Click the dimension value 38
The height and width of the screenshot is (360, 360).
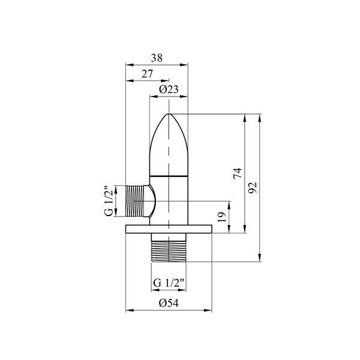(x=157, y=58)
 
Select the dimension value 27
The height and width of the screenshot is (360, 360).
(x=147, y=74)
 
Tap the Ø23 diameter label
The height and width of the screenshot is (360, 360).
(x=169, y=89)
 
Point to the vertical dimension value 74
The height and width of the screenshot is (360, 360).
(x=238, y=173)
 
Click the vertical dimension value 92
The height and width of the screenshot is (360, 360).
(x=253, y=188)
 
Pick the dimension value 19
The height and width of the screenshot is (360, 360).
(x=222, y=217)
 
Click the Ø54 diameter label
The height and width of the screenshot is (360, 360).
(x=169, y=303)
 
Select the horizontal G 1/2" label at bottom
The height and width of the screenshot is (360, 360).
(x=169, y=283)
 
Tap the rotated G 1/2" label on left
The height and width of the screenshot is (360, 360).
(x=109, y=201)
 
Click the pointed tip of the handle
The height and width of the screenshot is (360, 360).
(x=169, y=114)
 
